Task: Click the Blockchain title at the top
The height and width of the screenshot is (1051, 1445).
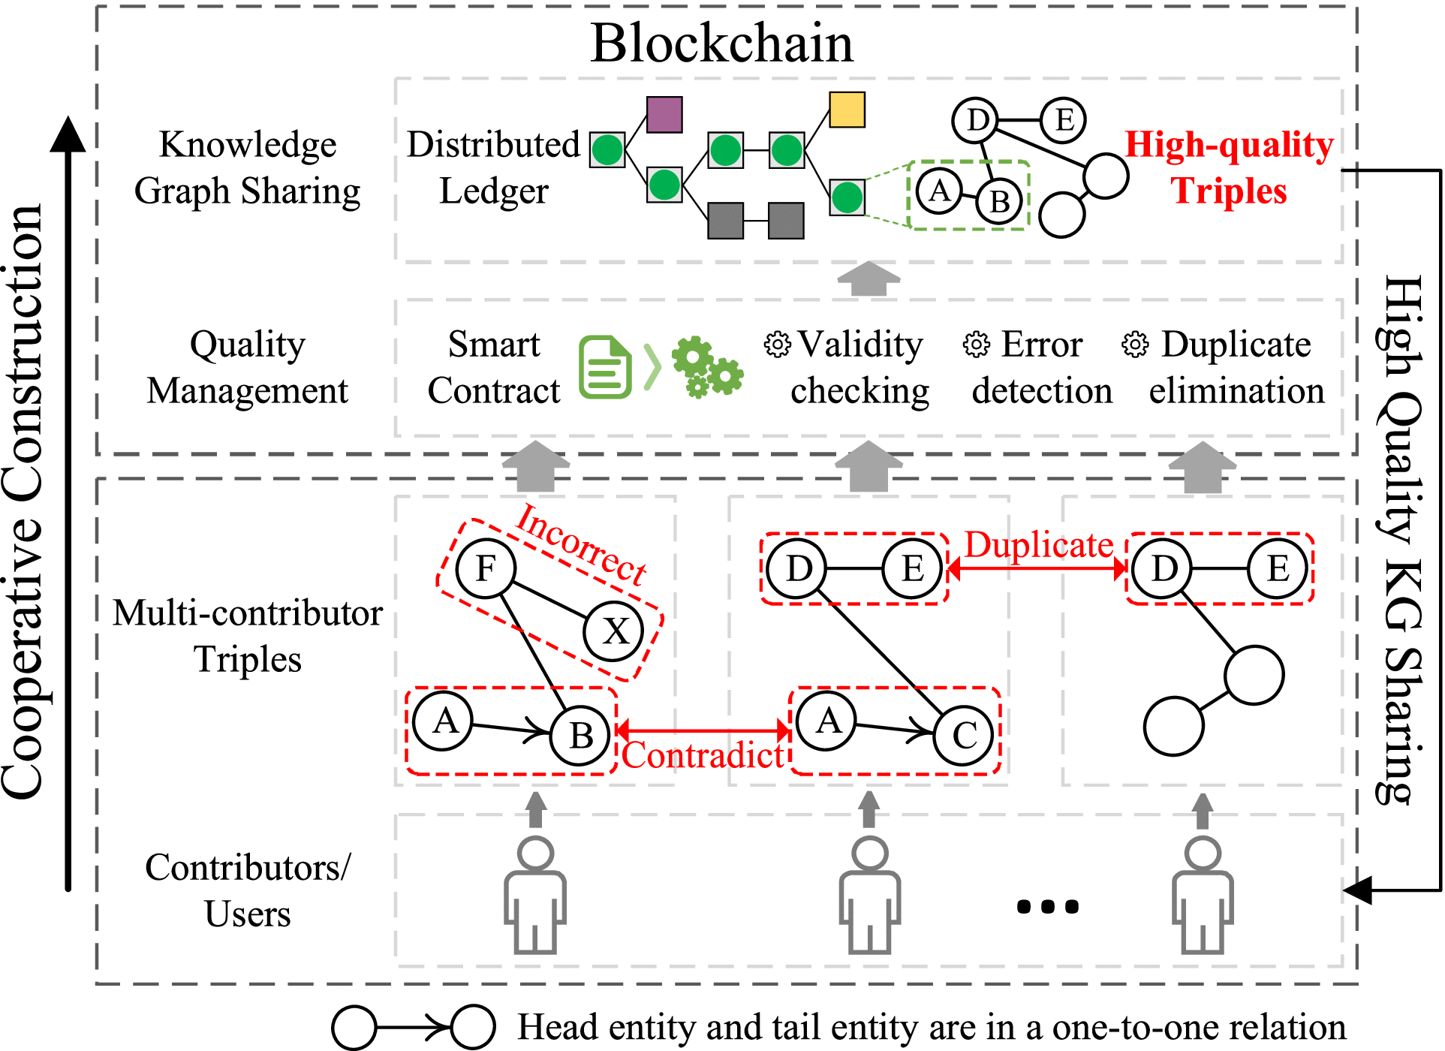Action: [721, 43]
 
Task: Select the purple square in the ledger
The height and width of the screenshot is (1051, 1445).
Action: [664, 114]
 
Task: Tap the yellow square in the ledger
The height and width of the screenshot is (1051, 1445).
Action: [847, 110]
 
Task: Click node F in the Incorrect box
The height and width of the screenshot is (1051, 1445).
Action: [486, 568]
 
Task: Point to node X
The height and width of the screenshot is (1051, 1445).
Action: [614, 631]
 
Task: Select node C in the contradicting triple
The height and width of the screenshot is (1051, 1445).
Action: [963, 736]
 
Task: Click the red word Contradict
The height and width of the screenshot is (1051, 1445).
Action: [703, 755]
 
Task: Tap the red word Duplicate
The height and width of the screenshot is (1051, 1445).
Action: [1038, 545]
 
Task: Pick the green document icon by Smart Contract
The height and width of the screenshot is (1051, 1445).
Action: [604, 367]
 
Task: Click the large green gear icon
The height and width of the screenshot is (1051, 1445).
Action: [693, 357]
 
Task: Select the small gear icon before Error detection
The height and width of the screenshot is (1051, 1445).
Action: [977, 345]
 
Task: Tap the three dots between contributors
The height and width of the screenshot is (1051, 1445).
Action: [1047, 907]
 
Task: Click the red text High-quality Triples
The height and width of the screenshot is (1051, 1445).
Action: [1229, 167]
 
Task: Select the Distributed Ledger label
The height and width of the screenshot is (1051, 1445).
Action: [493, 167]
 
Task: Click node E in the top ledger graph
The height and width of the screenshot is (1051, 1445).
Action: [1063, 120]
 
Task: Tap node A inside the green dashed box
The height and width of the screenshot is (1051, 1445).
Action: [938, 192]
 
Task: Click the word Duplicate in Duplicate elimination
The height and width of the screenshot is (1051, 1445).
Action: [1236, 345]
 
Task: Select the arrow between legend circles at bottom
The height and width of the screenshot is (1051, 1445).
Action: [413, 1026]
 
